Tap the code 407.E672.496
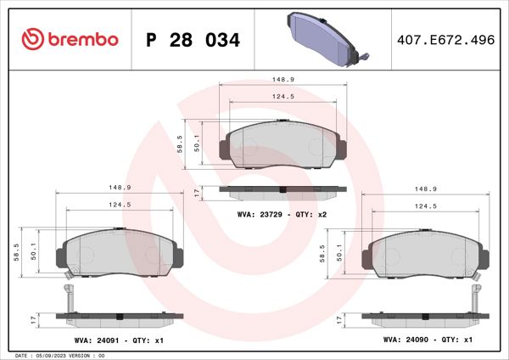click(x=445, y=40)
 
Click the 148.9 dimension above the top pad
click(x=284, y=79)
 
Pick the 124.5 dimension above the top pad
click(x=284, y=97)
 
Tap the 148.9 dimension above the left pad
click(x=120, y=188)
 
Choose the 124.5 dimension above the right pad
click(x=427, y=205)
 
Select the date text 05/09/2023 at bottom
click(x=57, y=355)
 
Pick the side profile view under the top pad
click(x=282, y=189)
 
